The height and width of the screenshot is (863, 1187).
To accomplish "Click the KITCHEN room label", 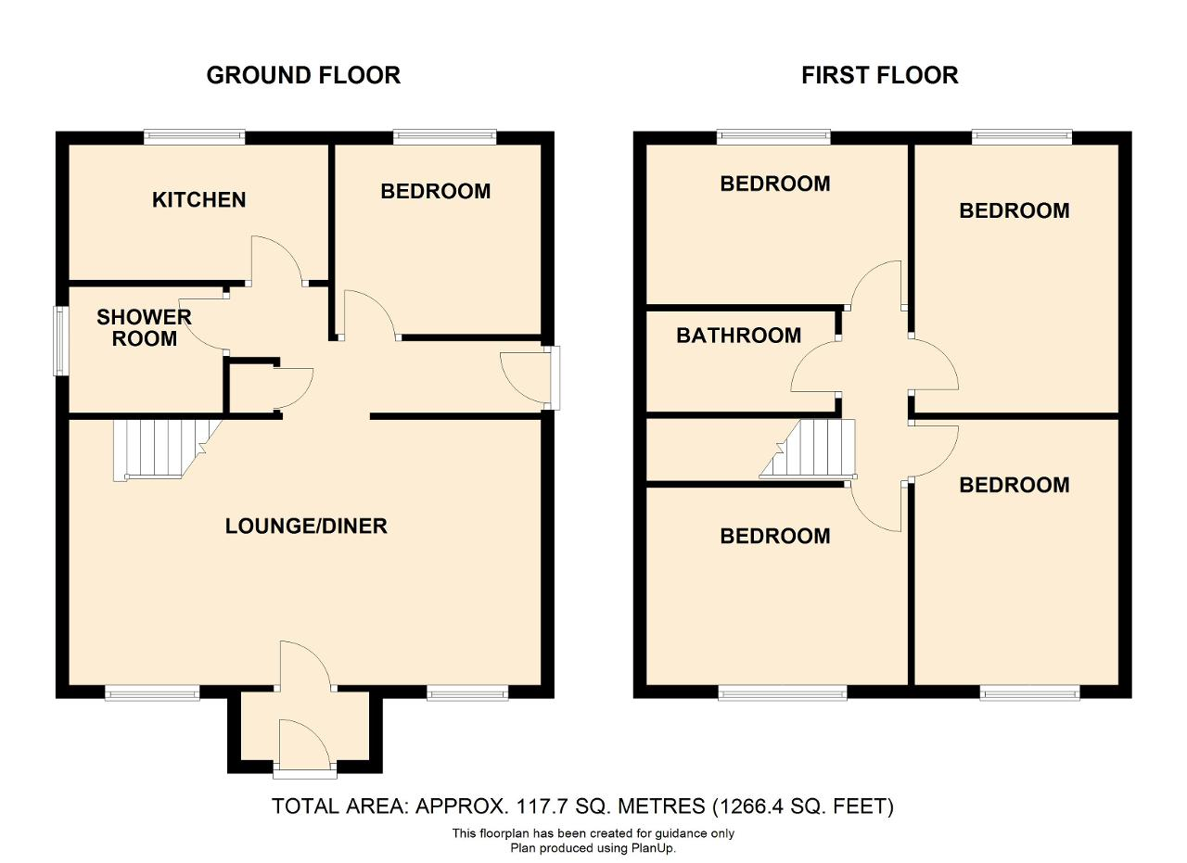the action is pos(198,199).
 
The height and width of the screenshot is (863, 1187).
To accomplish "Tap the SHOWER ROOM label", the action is pos(144,327).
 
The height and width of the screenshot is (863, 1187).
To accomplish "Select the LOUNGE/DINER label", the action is pos(306,527).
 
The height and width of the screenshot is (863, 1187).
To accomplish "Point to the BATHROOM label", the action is pos(739,336).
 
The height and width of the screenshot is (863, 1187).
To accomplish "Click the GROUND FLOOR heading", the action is pos(303,75).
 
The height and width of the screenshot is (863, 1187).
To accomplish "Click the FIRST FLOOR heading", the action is pos(880,75).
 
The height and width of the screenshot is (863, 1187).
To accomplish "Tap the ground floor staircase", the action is pos(167,450).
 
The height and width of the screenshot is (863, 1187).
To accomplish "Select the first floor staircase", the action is pos(808,449).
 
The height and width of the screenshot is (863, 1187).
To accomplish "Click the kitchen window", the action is pos(195,137).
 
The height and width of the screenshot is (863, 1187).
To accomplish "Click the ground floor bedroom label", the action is pos(436,191).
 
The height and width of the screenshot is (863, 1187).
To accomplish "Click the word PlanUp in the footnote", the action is pos(653,848).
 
